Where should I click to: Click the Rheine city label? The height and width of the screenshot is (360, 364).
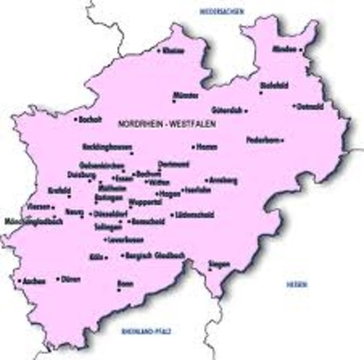174,50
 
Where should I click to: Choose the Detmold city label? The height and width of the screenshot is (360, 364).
309,106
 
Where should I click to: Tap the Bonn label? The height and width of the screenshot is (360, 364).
125,284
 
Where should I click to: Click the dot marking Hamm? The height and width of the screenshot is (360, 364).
194,148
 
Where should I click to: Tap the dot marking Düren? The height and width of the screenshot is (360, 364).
58,279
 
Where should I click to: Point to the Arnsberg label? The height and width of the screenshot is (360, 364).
222,181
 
